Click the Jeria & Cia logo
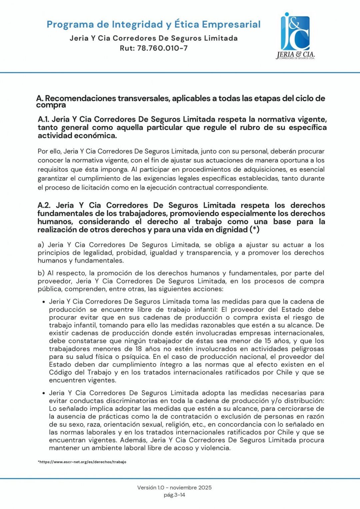(x=296, y=36)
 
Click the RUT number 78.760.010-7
(x=162, y=48)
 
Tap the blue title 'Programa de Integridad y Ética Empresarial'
(x=153, y=24)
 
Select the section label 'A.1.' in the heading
(x=43, y=119)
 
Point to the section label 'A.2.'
(x=44, y=205)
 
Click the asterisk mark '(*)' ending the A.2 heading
(x=254, y=229)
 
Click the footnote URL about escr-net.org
(x=82, y=462)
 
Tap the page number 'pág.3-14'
(x=174, y=495)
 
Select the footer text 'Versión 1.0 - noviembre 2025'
(x=174, y=487)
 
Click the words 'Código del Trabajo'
(x=80, y=372)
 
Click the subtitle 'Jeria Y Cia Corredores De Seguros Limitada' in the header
(x=153, y=38)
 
